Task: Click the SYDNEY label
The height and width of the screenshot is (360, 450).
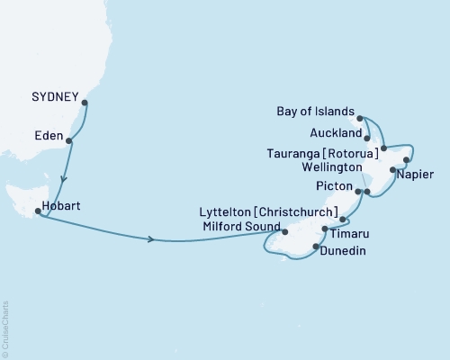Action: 55,94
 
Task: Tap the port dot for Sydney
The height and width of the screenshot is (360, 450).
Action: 85,103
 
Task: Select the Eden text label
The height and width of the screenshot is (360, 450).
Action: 49,131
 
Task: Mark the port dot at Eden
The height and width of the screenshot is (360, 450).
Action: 70,140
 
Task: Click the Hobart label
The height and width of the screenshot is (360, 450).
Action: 64,205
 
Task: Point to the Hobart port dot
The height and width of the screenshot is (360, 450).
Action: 38,212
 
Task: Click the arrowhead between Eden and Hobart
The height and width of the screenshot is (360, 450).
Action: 61,178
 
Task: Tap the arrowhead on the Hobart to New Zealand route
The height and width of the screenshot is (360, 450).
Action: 149,238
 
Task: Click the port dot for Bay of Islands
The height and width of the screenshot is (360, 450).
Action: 360,118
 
